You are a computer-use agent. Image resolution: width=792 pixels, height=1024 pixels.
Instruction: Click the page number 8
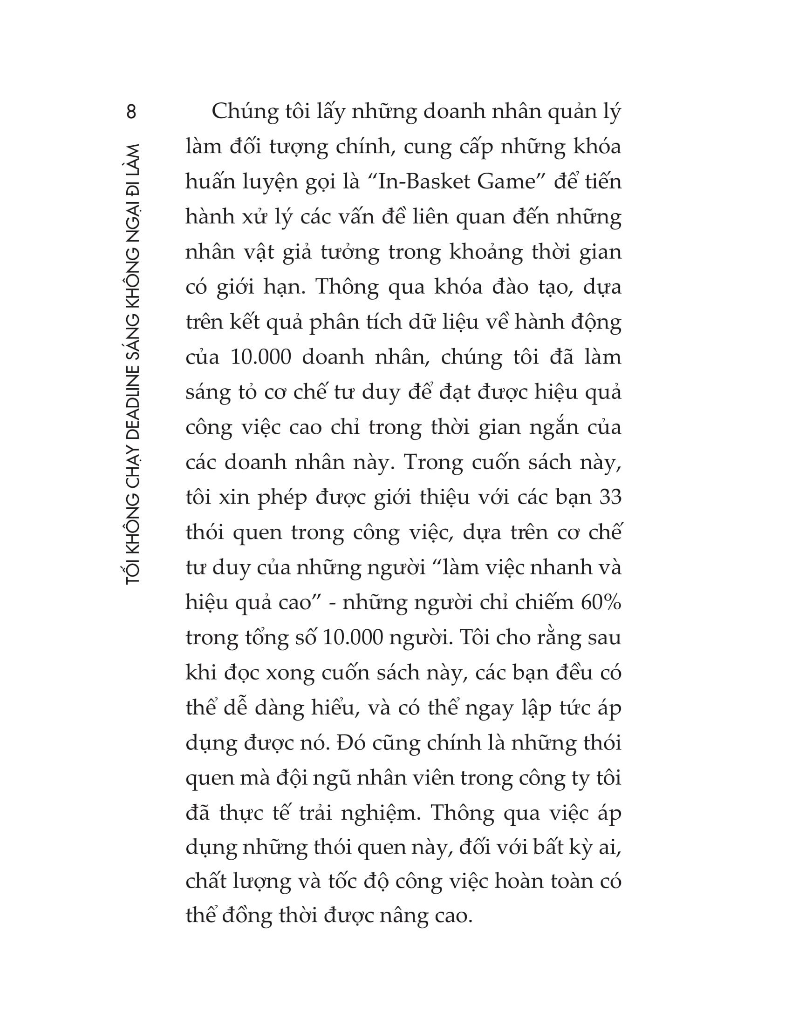pyautogui.click(x=131, y=112)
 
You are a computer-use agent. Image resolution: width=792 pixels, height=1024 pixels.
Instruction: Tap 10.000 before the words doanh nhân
pyautogui.click(x=261, y=357)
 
